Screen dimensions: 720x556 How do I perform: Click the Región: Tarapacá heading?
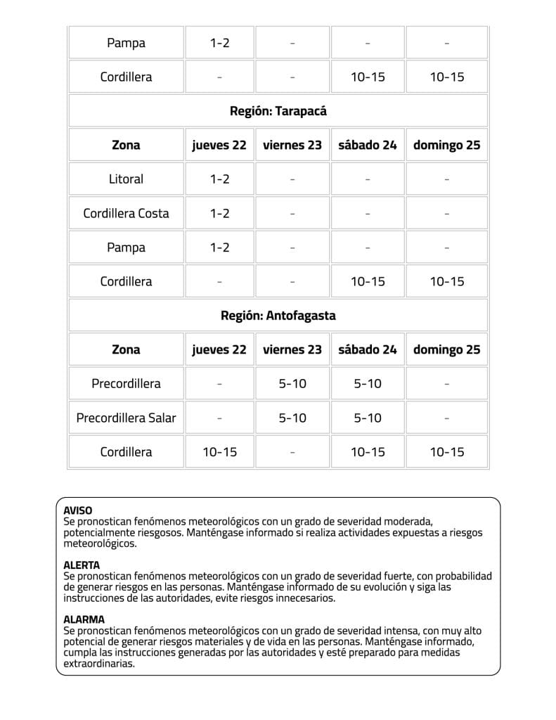(278, 111)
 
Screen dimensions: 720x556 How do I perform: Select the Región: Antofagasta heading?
(278, 316)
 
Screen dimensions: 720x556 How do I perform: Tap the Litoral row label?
(126, 179)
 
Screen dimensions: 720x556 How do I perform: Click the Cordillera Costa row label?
(126, 213)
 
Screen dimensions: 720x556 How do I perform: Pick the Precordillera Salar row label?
(126, 418)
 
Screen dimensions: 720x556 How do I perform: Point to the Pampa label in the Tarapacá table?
(126, 247)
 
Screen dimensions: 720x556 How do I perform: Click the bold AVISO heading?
(78, 510)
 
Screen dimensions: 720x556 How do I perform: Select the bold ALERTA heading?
(82, 565)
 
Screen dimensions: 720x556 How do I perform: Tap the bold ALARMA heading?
(84, 619)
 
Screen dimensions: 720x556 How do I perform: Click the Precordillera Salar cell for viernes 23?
(292, 418)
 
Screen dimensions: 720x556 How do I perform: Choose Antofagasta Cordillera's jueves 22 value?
(219, 451)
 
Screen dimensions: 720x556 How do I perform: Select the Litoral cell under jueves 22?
(219, 179)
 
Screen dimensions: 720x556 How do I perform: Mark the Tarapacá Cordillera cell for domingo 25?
(447, 281)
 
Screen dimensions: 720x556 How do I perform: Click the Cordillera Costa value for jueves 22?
(219, 213)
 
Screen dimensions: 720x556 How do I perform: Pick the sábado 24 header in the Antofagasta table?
(368, 349)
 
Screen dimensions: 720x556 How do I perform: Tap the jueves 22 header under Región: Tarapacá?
(219, 146)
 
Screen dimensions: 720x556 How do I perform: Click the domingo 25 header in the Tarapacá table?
(447, 146)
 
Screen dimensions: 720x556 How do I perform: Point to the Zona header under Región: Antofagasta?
(126, 349)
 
